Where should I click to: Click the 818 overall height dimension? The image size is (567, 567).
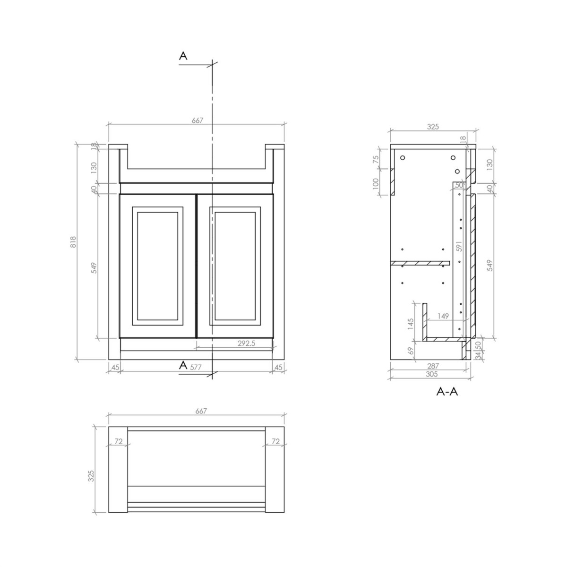[73, 241]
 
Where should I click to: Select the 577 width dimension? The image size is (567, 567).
[196, 367]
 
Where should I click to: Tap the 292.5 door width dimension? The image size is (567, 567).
[246, 343]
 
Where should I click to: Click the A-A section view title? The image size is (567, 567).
[447, 391]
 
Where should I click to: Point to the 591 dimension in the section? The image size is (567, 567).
[459, 246]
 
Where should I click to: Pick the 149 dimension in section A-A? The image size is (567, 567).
[443, 316]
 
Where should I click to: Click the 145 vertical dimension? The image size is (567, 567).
[411, 324]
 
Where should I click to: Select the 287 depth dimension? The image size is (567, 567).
[433, 366]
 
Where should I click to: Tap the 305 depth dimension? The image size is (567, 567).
[432, 374]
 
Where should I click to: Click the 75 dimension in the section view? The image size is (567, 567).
[376, 159]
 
